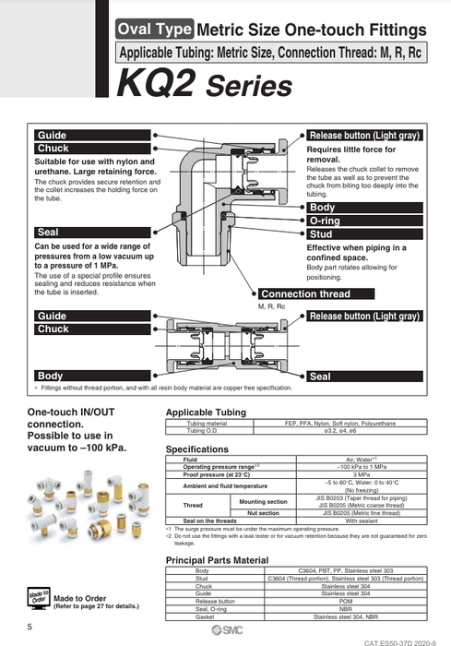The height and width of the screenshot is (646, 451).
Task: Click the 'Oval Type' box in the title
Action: pos(154,30)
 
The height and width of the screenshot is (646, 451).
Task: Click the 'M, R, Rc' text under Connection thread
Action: pos(274,305)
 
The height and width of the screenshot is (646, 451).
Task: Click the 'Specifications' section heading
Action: pos(196,448)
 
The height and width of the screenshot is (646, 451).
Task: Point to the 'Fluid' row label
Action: pos(190,459)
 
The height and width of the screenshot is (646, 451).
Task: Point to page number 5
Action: pos(30,628)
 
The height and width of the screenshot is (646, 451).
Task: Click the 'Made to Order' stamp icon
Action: pos(38,594)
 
